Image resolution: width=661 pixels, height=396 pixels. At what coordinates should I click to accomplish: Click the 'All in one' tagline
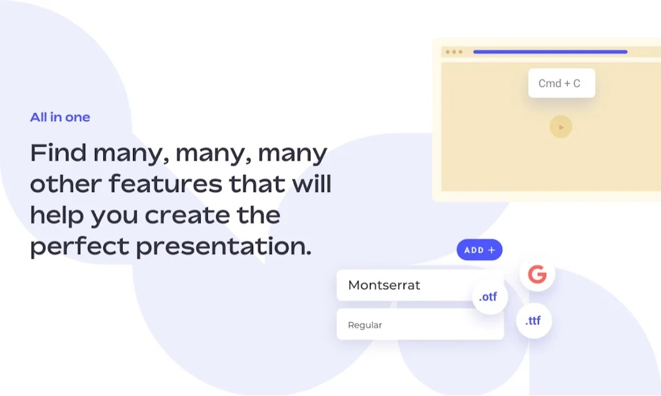coord(60,117)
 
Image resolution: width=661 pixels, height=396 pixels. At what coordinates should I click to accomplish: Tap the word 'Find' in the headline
coord(58,152)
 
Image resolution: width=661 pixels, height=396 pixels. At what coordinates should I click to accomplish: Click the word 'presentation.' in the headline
coord(224,246)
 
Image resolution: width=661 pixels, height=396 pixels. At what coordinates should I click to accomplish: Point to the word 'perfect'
coord(79,246)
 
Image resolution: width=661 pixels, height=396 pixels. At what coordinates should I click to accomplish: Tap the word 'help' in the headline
coord(57,215)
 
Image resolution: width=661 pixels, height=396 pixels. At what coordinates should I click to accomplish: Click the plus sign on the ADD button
coord(491,250)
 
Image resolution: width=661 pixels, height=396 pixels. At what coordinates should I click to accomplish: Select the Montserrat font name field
coord(420,285)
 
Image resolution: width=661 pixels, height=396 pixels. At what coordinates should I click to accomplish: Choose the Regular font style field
coord(420,324)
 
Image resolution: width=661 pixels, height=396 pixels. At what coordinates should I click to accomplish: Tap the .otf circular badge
coord(489,297)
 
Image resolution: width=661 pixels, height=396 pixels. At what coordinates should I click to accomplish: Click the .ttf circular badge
coord(534,321)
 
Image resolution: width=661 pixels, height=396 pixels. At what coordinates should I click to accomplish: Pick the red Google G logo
coord(537,274)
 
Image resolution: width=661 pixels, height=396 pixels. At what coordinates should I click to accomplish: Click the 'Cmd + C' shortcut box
coord(562,83)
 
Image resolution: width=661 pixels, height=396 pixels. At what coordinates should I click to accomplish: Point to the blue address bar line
coord(550,52)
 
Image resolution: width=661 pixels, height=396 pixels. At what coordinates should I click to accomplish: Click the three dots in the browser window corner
coord(454,52)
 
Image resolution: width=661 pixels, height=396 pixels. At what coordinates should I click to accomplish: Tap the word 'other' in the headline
coord(66,184)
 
